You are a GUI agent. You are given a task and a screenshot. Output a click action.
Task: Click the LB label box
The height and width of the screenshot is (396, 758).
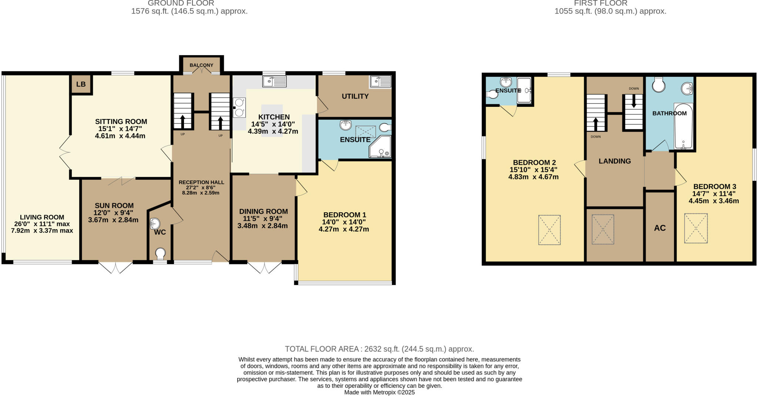(81, 84)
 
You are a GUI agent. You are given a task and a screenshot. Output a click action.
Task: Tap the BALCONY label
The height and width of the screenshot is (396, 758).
(201, 65)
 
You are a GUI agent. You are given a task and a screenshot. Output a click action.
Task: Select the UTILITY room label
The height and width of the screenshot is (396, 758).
(355, 97)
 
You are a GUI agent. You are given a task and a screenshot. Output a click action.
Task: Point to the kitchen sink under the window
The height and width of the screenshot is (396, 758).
(274, 81)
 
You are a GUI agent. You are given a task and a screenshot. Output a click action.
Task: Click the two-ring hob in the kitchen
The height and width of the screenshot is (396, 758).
(239, 107)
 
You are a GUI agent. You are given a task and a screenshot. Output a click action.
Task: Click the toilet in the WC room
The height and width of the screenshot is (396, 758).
(160, 253)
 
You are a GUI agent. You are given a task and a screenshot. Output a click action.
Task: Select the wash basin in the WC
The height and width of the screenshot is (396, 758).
(155, 223)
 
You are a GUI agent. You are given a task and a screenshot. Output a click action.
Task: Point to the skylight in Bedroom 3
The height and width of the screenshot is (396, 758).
(695, 228)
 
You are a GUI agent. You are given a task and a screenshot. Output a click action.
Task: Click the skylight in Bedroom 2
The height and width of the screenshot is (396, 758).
(549, 230)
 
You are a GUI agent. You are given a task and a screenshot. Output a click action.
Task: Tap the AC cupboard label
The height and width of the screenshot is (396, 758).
(660, 228)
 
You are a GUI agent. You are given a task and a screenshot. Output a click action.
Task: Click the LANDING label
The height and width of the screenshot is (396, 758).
(614, 161)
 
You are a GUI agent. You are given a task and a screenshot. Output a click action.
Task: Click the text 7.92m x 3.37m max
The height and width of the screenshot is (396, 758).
(42, 231)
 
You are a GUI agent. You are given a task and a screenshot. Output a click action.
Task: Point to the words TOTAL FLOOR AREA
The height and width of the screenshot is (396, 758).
(321, 349)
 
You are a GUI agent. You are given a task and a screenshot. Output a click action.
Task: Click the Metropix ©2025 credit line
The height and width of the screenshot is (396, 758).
(379, 392)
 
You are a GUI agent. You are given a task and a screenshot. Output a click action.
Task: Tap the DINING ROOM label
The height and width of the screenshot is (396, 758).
(263, 211)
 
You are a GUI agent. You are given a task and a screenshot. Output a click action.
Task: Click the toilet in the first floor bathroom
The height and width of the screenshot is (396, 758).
(658, 85)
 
